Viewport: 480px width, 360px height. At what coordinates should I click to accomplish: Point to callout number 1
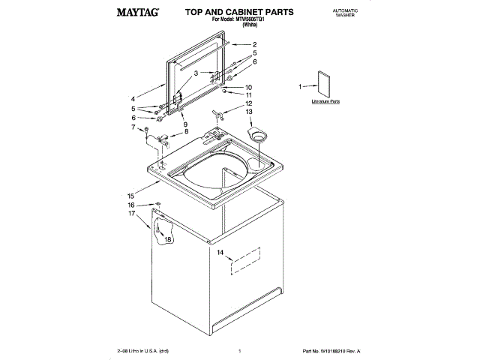pos(301,86)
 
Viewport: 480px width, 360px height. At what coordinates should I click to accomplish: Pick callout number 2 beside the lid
pos(255,43)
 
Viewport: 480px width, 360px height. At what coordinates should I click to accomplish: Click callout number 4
pos(133,98)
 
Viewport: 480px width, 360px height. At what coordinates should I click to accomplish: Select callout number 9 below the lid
pos(184,123)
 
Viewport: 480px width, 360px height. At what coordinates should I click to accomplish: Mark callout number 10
pos(249,87)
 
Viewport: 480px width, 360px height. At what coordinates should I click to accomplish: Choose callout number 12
pos(249,103)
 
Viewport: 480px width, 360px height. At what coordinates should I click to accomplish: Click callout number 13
pos(249,112)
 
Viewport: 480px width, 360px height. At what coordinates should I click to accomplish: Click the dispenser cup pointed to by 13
pos(259,136)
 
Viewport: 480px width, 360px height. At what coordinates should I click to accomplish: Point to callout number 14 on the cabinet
pos(220,253)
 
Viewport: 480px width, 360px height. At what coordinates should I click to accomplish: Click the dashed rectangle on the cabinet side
pos(244,258)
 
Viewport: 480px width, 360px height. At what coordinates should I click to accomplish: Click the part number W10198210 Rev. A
pos(331,351)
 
